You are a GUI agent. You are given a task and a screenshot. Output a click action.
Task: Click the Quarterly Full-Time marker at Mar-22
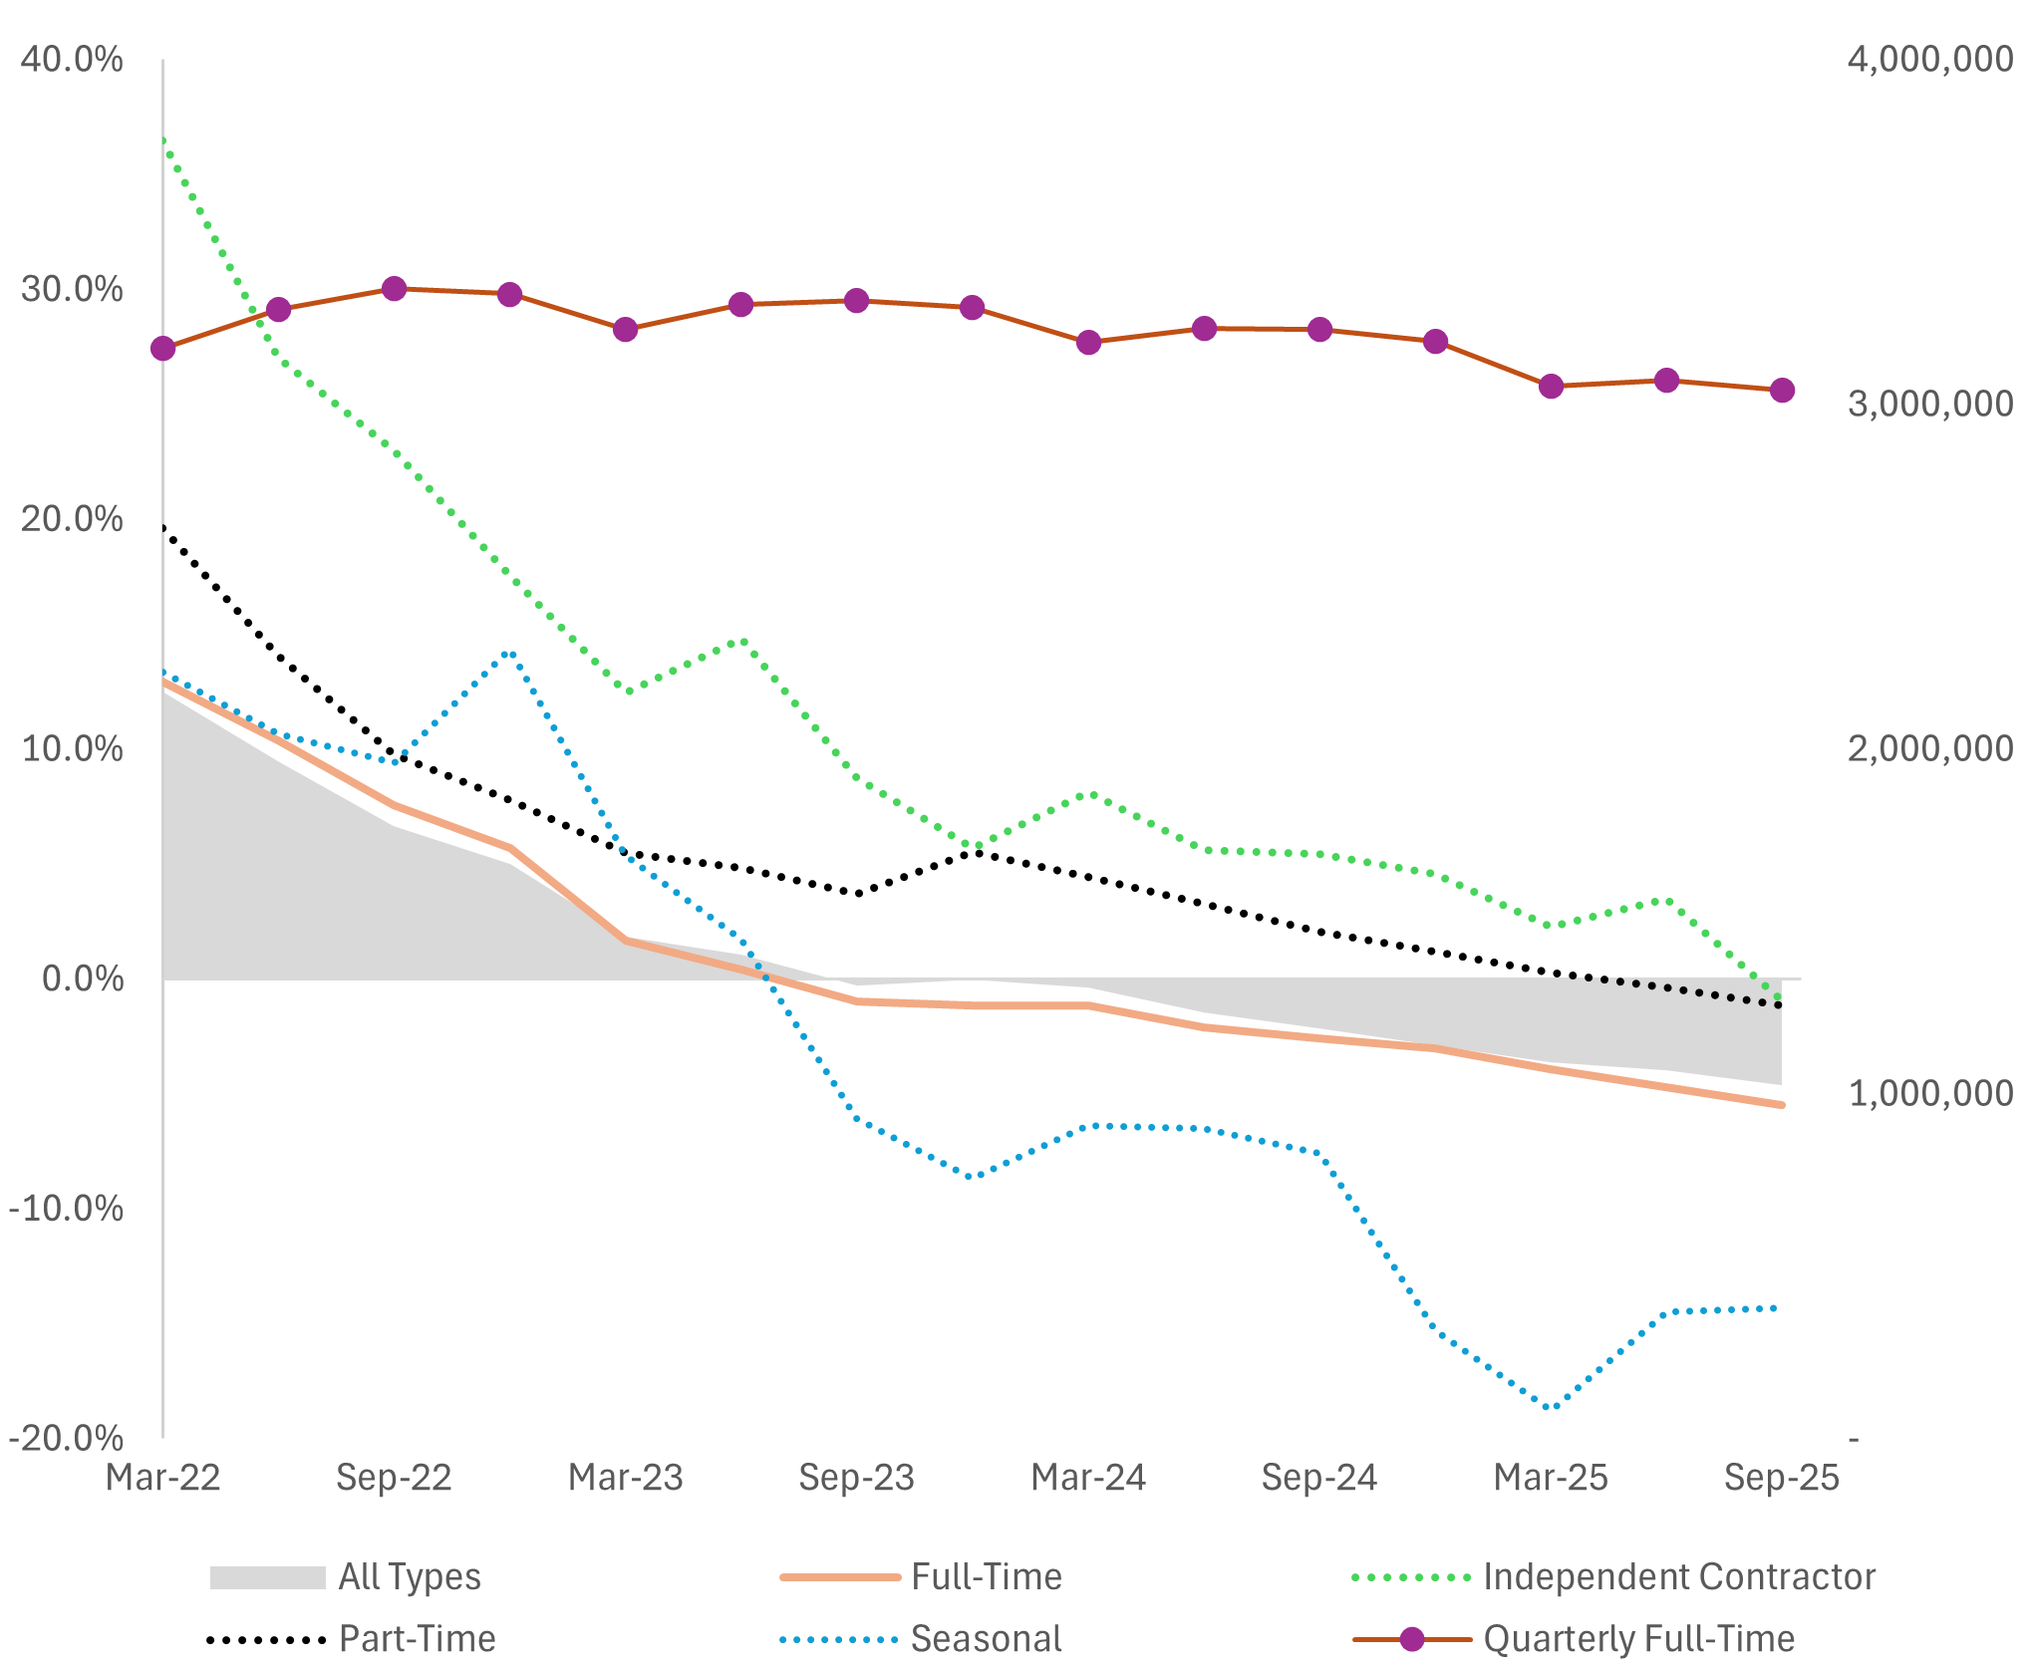click(x=163, y=349)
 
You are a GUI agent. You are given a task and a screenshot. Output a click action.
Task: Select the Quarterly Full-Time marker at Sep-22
click(x=395, y=289)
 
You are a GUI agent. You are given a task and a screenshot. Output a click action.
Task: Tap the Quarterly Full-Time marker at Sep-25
click(x=1782, y=391)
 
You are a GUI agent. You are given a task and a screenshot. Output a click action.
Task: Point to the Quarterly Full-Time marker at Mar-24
click(x=1088, y=343)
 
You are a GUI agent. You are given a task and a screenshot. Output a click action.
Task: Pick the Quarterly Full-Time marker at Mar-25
click(x=1551, y=387)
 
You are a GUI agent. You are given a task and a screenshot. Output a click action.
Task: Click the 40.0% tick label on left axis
click(x=72, y=59)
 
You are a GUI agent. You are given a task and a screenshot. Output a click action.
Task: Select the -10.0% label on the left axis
click(x=66, y=1209)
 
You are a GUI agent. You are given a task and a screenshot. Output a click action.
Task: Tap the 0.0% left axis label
click(x=83, y=978)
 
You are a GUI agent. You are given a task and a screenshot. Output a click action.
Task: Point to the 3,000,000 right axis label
click(x=1930, y=404)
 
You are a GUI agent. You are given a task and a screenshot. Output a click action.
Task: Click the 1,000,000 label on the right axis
click(x=1930, y=1093)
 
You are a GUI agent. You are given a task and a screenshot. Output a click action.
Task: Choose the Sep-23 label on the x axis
click(x=856, y=1477)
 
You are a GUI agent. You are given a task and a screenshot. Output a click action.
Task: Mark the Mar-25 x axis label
click(x=1551, y=1477)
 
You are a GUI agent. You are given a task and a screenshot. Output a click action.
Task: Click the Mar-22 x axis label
click(x=163, y=1477)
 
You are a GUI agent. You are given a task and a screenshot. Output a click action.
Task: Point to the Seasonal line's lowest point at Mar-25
click(x=1551, y=1408)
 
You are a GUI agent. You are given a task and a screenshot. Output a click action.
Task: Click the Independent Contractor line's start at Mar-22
click(x=164, y=140)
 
